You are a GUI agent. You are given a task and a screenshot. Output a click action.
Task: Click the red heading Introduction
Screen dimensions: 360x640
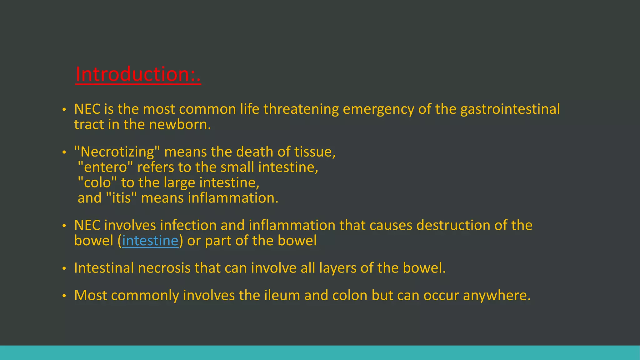pos(138,74)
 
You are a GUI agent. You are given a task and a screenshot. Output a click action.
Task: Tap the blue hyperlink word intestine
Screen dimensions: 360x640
pos(150,241)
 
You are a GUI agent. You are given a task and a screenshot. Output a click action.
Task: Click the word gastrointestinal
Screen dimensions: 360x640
pos(510,109)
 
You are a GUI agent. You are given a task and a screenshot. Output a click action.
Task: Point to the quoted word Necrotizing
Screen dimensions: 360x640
pos(117,152)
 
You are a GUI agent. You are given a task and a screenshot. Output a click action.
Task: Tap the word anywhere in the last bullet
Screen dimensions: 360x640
pos(497,295)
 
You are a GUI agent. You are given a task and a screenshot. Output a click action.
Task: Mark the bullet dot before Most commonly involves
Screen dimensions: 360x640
pos(64,296)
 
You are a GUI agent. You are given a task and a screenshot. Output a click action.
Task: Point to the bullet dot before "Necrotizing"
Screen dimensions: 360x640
pos(64,152)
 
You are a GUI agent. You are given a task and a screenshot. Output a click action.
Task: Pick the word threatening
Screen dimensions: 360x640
pos(301,109)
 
